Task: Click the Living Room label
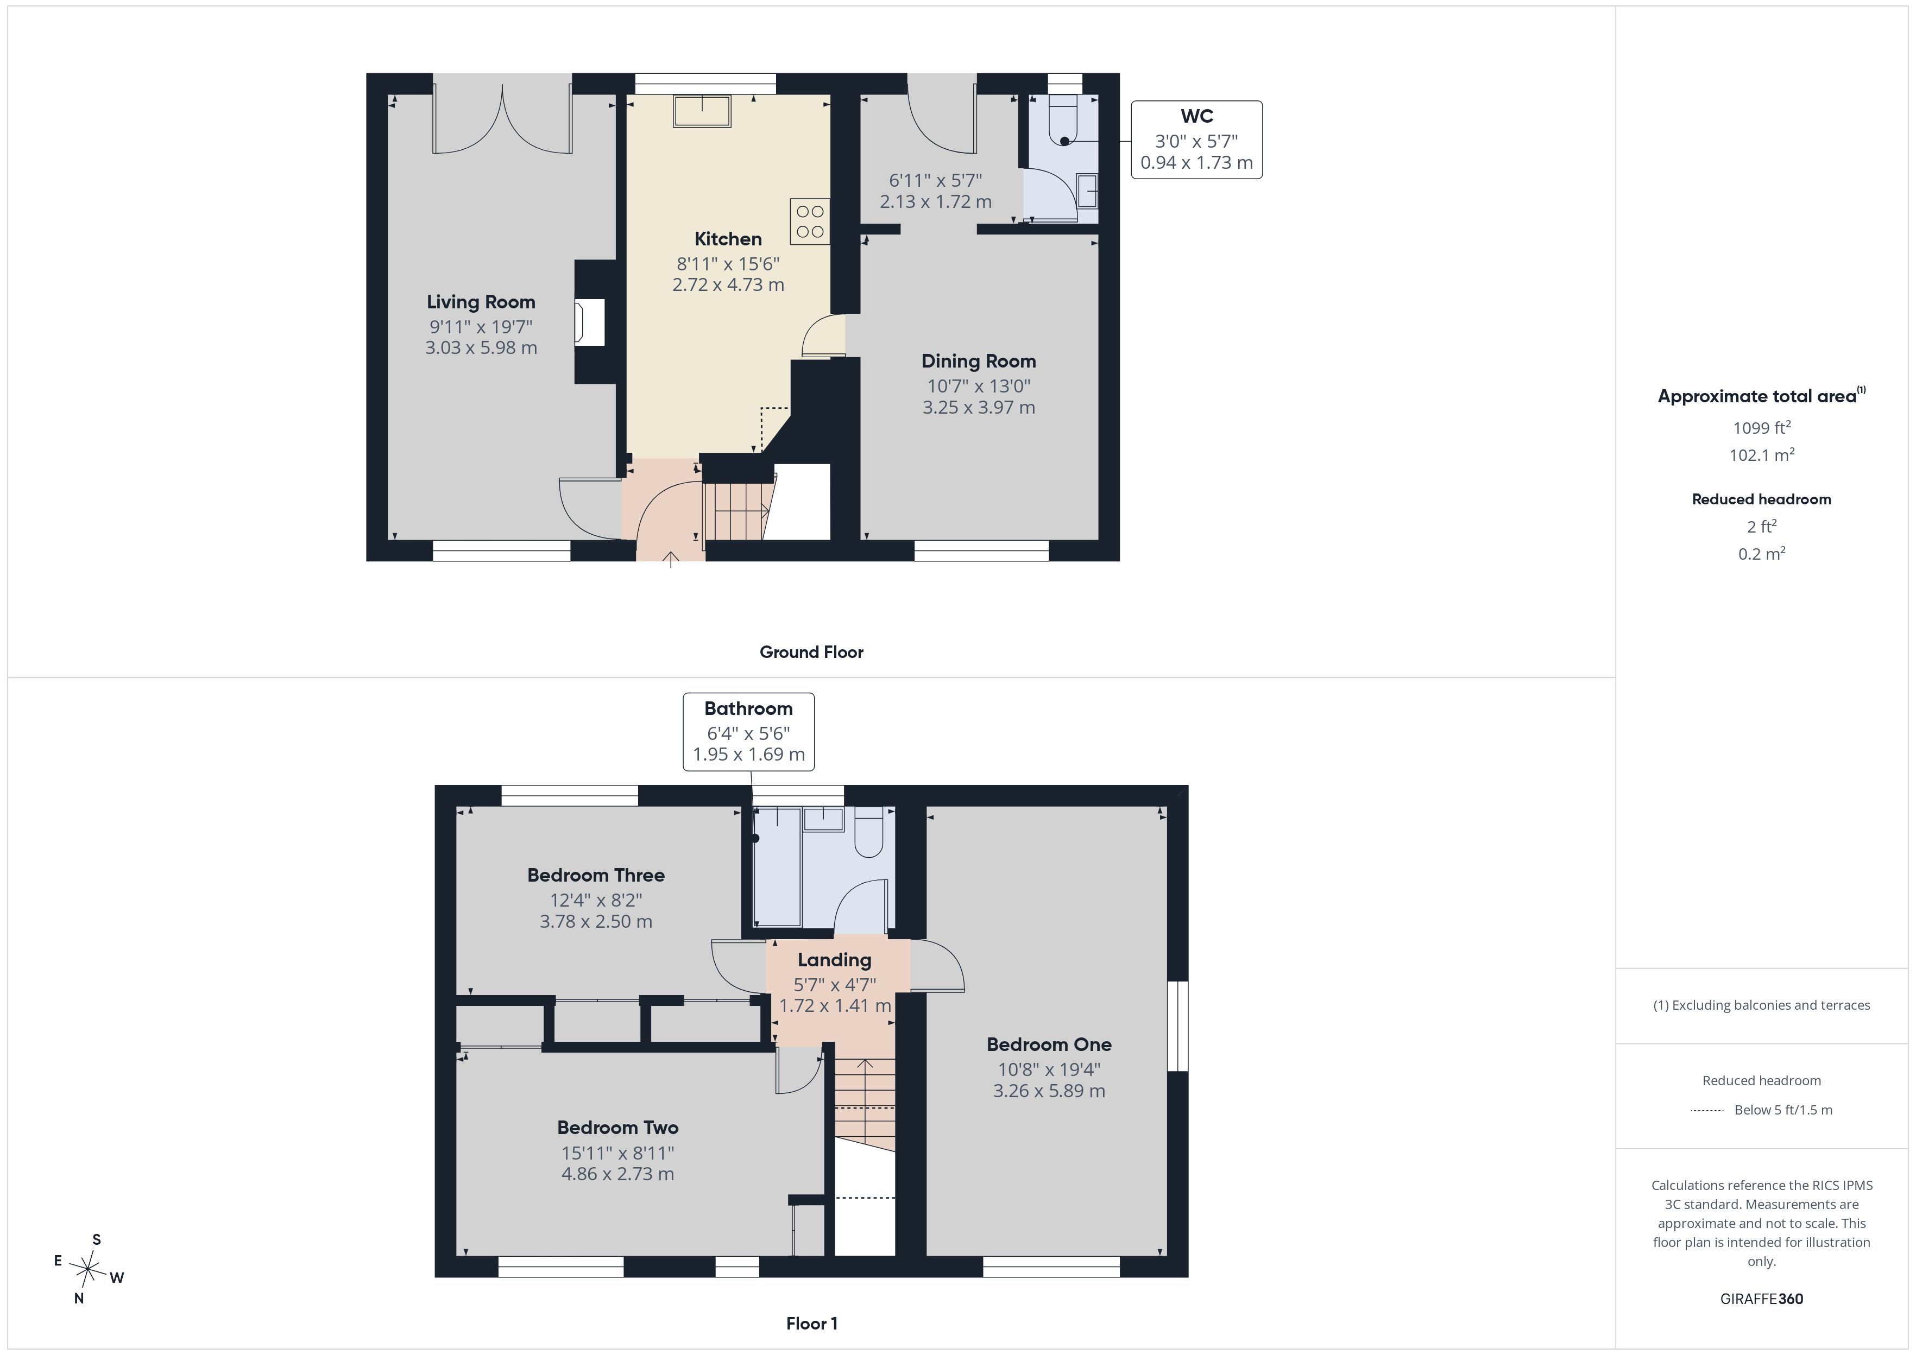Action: [481, 302]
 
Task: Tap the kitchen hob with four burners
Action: [809, 221]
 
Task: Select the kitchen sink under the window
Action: [703, 110]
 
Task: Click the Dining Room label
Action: [979, 361]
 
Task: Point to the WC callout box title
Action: [1196, 117]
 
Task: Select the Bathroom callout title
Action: [748, 708]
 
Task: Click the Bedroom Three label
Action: [596, 875]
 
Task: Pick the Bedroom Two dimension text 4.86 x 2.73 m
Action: [617, 1174]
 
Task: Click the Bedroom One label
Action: [1049, 1044]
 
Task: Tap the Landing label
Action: [835, 960]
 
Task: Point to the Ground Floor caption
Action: [811, 653]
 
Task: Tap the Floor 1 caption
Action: [811, 1324]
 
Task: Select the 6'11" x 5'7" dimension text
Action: [936, 180]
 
